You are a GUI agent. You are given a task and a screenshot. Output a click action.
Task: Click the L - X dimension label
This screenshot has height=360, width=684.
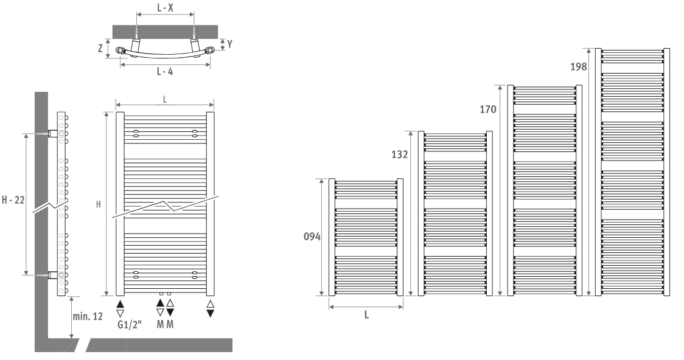tap(165, 7)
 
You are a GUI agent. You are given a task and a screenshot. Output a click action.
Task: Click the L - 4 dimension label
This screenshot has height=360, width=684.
tap(165, 72)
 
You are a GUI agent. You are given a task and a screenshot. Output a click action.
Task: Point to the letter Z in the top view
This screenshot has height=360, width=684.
tap(100, 48)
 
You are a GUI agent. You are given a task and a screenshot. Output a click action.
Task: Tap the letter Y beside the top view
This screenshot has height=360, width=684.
tap(230, 44)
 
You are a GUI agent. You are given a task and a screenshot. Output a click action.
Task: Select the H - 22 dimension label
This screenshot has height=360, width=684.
tap(13, 200)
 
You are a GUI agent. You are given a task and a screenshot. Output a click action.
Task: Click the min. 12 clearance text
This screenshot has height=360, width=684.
tap(88, 316)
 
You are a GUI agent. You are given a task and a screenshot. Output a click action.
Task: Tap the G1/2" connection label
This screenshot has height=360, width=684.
tap(130, 325)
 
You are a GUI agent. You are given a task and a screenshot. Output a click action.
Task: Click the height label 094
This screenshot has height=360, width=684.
tap(312, 237)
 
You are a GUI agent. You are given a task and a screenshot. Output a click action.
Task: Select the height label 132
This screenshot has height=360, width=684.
tap(400, 154)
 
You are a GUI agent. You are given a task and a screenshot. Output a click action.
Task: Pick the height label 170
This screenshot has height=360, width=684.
tap(488, 109)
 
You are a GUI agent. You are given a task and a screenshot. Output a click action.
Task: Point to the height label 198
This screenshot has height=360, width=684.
tap(579, 67)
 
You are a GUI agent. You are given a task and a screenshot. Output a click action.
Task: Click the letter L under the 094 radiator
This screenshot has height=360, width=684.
tap(366, 314)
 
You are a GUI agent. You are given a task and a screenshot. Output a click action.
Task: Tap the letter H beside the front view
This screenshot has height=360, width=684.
tap(99, 204)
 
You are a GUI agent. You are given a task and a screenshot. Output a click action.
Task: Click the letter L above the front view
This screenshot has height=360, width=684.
tap(165, 100)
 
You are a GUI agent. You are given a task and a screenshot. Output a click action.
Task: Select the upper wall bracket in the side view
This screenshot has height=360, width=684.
tap(53, 133)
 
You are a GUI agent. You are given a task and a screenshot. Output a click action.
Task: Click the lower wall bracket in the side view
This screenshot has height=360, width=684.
tap(53, 275)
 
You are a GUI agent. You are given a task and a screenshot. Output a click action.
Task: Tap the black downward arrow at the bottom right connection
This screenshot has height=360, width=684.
tap(211, 313)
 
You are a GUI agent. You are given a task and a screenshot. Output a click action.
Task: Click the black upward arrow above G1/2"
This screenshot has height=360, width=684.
tap(120, 304)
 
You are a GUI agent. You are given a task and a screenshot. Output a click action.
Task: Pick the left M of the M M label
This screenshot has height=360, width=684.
tap(160, 325)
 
